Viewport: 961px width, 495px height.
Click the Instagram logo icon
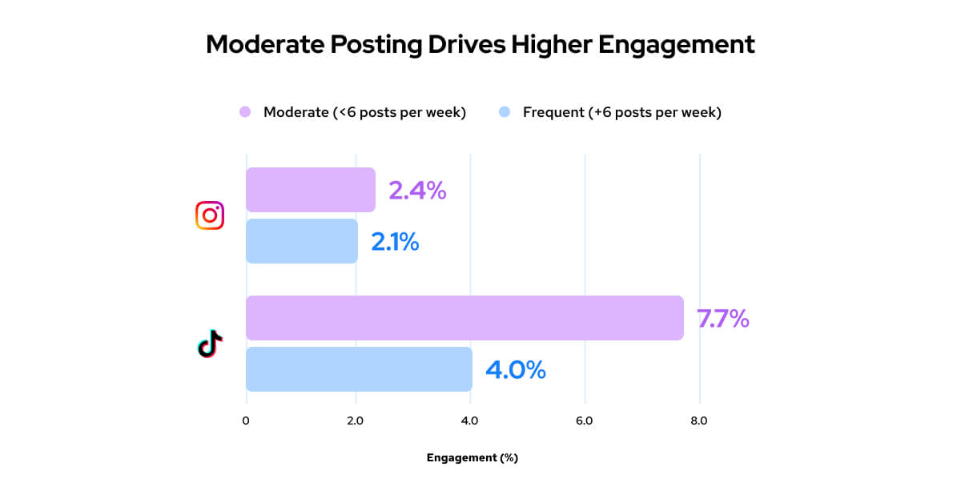[210, 215]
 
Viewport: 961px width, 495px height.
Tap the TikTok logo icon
[210, 344]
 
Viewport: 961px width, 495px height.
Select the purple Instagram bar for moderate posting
[310, 190]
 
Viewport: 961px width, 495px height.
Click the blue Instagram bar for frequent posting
[301, 241]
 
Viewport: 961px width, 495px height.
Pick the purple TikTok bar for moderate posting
[464, 318]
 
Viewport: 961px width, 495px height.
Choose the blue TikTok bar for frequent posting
[359, 369]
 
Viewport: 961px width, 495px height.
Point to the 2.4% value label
[416, 191]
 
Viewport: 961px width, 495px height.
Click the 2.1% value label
[395, 242]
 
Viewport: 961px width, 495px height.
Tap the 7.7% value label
[723, 319]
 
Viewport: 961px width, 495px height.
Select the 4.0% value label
[515, 370]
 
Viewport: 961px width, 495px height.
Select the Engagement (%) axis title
[472, 458]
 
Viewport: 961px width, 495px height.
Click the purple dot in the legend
[245, 112]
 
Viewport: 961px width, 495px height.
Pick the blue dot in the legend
[505, 112]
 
